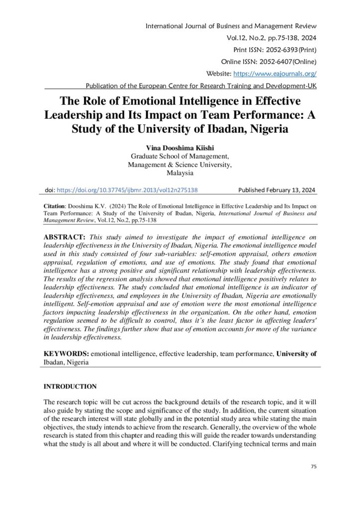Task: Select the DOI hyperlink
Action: click(x=128, y=190)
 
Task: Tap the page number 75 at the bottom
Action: click(x=313, y=466)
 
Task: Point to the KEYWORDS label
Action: click(x=66, y=353)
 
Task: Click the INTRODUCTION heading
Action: click(x=70, y=386)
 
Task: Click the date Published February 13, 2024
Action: click(x=276, y=190)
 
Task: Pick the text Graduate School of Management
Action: click(x=180, y=156)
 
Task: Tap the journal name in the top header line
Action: click(x=231, y=26)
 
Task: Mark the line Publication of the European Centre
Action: click(x=200, y=85)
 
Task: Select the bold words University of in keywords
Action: click(x=296, y=353)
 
